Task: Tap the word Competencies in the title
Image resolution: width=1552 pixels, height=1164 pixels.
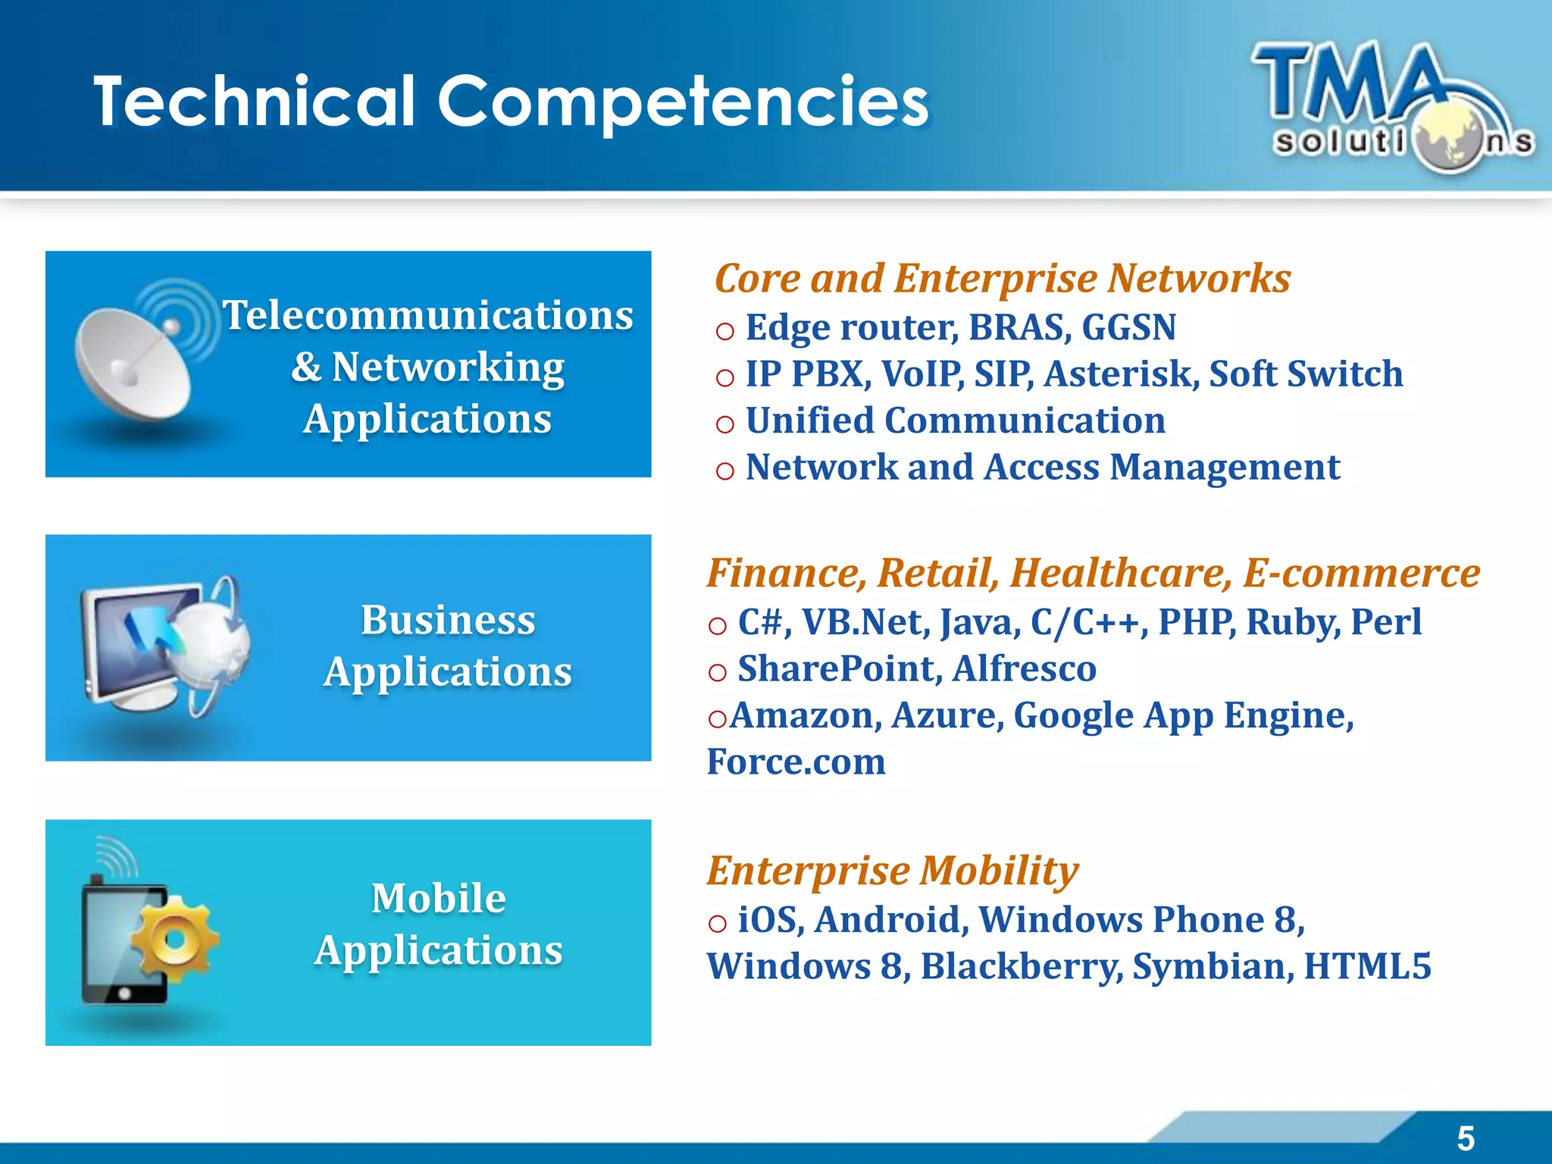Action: coord(683,102)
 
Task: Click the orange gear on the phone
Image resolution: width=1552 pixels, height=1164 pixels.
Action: coord(174,940)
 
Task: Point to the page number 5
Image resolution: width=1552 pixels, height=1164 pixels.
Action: coord(1466,1138)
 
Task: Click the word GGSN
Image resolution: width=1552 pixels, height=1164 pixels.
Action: coord(1128,327)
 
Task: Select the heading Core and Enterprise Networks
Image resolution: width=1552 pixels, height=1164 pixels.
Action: coord(1002,278)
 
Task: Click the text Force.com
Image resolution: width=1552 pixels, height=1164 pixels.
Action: coord(796,762)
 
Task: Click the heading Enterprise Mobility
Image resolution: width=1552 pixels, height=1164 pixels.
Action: coord(892,871)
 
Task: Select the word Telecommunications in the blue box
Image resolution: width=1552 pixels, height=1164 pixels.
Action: coord(427,315)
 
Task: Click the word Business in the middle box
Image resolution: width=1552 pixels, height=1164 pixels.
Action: coord(448,620)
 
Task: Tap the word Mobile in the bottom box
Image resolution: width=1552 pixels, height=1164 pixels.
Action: coord(439,899)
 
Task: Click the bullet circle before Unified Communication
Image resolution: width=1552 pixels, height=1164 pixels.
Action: coord(724,424)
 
